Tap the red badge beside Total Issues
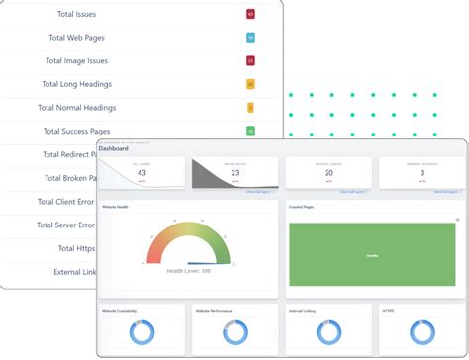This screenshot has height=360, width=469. (251, 15)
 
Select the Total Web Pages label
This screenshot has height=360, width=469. (76, 38)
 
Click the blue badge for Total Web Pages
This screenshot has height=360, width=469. (251, 38)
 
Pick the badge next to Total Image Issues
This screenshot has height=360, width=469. (251, 61)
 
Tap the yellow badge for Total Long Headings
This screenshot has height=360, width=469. (251, 85)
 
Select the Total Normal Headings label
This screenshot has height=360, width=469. (76, 108)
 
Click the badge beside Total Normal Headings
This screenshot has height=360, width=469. (251, 108)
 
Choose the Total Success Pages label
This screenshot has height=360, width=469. (79, 131)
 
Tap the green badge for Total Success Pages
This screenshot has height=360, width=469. (251, 131)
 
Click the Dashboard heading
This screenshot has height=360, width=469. (114, 149)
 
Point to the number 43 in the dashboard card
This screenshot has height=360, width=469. (141, 172)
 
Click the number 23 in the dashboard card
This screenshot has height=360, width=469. (234, 172)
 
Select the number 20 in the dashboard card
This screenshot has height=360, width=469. (328, 172)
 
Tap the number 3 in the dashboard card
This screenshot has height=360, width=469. (422, 172)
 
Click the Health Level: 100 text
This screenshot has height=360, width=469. (188, 271)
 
